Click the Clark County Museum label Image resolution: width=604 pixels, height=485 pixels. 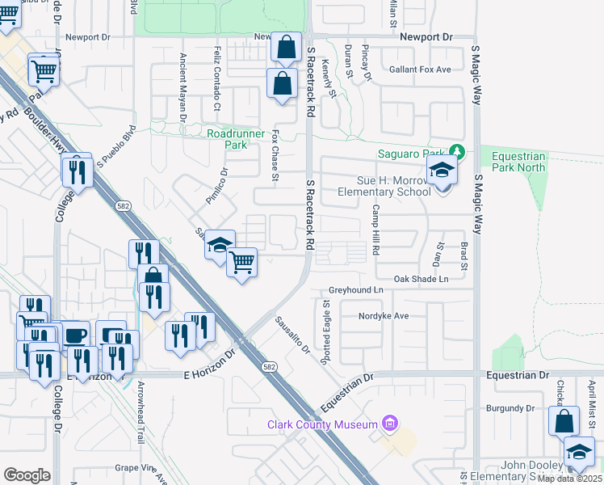tap(323, 424)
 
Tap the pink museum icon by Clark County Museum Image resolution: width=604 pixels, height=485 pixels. tap(391, 424)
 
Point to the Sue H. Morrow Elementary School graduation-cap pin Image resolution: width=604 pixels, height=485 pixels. tap(442, 171)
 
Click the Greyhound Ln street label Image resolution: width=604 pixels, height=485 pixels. tap(355, 289)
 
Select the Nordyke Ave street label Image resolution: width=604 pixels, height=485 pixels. tap(384, 316)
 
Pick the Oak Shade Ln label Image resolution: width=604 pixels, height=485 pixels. tap(420, 279)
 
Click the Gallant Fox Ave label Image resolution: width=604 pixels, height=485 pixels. tap(419, 70)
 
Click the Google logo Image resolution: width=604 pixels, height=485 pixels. tap(27, 475)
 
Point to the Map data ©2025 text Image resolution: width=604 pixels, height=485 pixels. tap(569, 479)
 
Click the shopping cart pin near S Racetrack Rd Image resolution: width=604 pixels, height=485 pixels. tap(242, 262)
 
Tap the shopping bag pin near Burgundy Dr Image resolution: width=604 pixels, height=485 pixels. tap(564, 421)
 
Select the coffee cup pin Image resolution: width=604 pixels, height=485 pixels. tap(75, 335)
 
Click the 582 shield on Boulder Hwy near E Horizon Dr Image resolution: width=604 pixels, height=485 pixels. tap(267, 367)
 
